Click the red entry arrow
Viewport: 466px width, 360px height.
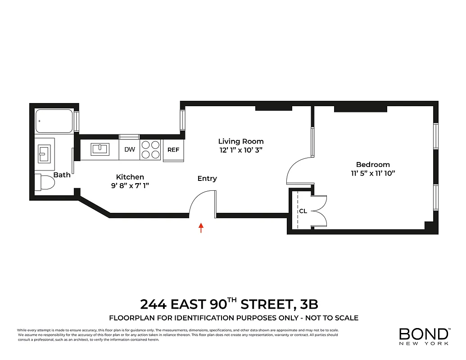tap(201, 228)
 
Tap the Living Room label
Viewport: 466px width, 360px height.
tap(241, 141)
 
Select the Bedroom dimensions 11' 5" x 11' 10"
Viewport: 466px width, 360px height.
tap(372, 173)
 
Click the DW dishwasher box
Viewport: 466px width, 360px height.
tap(130, 150)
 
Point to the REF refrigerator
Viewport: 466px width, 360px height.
tap(173, 150)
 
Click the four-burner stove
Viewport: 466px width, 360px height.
tap(151, 149)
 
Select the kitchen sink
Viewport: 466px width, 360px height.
tap(100, 149)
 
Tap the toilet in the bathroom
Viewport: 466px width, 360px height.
tap(45, 183)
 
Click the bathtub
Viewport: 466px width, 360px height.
tap(54, 121)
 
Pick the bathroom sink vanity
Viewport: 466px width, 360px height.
tap(44, 153)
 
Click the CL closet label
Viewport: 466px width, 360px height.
tap(303, 211)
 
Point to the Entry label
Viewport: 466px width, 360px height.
tap(207, 179)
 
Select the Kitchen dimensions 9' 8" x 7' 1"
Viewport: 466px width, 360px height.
tap(130, 186)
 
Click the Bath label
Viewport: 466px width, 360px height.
tap(62, 175)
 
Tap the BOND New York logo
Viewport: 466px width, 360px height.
tap(424, 336)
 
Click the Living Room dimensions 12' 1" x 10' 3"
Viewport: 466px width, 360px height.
tap(241, 150)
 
